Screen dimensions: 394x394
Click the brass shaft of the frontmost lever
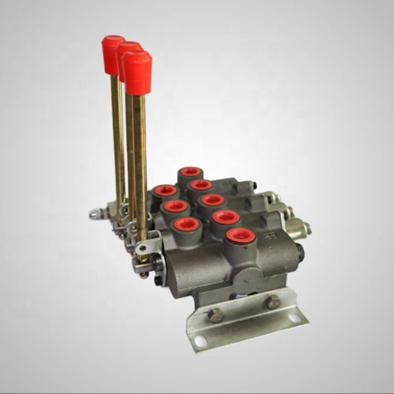(139, 158)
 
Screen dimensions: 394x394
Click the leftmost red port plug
(165, 191)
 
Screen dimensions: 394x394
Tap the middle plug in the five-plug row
(213, 200)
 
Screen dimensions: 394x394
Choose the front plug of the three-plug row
(187, 225)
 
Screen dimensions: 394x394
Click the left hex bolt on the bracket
(216, 315)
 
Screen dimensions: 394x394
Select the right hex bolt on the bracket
(273, 302)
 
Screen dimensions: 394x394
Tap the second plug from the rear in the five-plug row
(201, 185)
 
